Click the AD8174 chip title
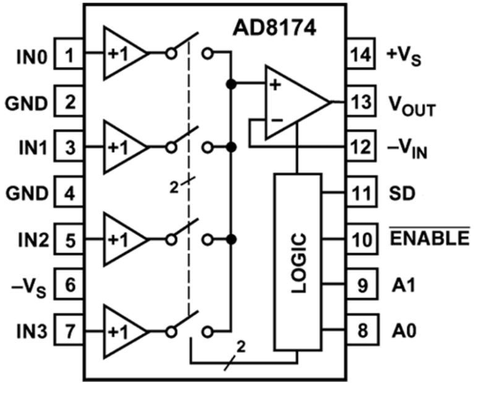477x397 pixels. coord(274,28)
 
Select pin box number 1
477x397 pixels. coord(69,54)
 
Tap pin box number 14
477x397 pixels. coord(361,54)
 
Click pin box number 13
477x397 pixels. coord(361,101)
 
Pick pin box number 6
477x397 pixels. coord(69,285)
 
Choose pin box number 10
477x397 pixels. coord(362,239)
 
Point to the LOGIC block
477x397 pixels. coord(298,262)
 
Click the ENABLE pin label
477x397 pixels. coord(430,238)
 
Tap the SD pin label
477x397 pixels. coord(402,193)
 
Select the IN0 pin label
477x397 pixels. coord(32,57)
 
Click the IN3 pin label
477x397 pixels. coord(32,331)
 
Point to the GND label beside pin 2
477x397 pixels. coord(27,103)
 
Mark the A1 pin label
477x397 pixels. coord(404,285)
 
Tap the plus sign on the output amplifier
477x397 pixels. coord(275,85)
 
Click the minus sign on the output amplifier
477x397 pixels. coord(277,120)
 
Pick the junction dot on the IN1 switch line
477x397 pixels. coord(232,148)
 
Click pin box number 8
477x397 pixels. coord(363,330)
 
